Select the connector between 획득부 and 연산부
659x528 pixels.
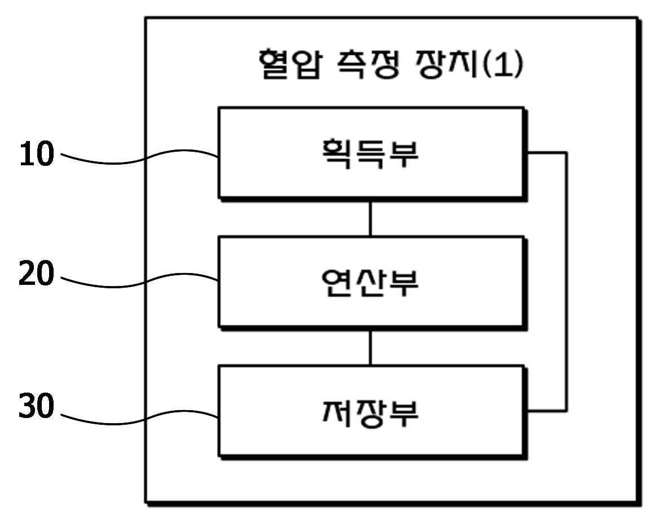[371, 218]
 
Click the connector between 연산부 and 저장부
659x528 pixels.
[371, 346]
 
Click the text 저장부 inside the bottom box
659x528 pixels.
[370, 412]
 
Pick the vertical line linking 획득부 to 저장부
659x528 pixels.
[565, 282]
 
